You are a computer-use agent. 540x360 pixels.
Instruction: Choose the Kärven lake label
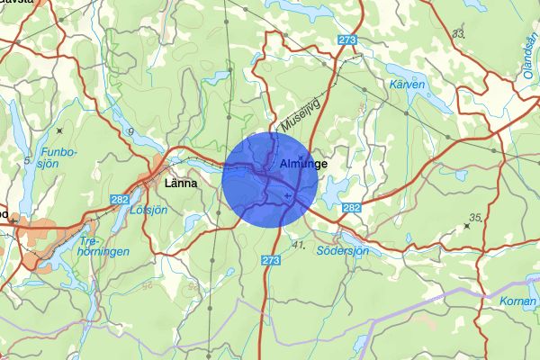pos(408,84)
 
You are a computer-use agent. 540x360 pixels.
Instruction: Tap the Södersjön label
pos(343,251)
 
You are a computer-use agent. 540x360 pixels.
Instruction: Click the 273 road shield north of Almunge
pos(348,40)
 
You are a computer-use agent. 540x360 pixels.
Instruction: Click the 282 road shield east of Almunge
pos(351,209)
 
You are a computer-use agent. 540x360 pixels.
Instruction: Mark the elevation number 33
pos(460,33)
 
